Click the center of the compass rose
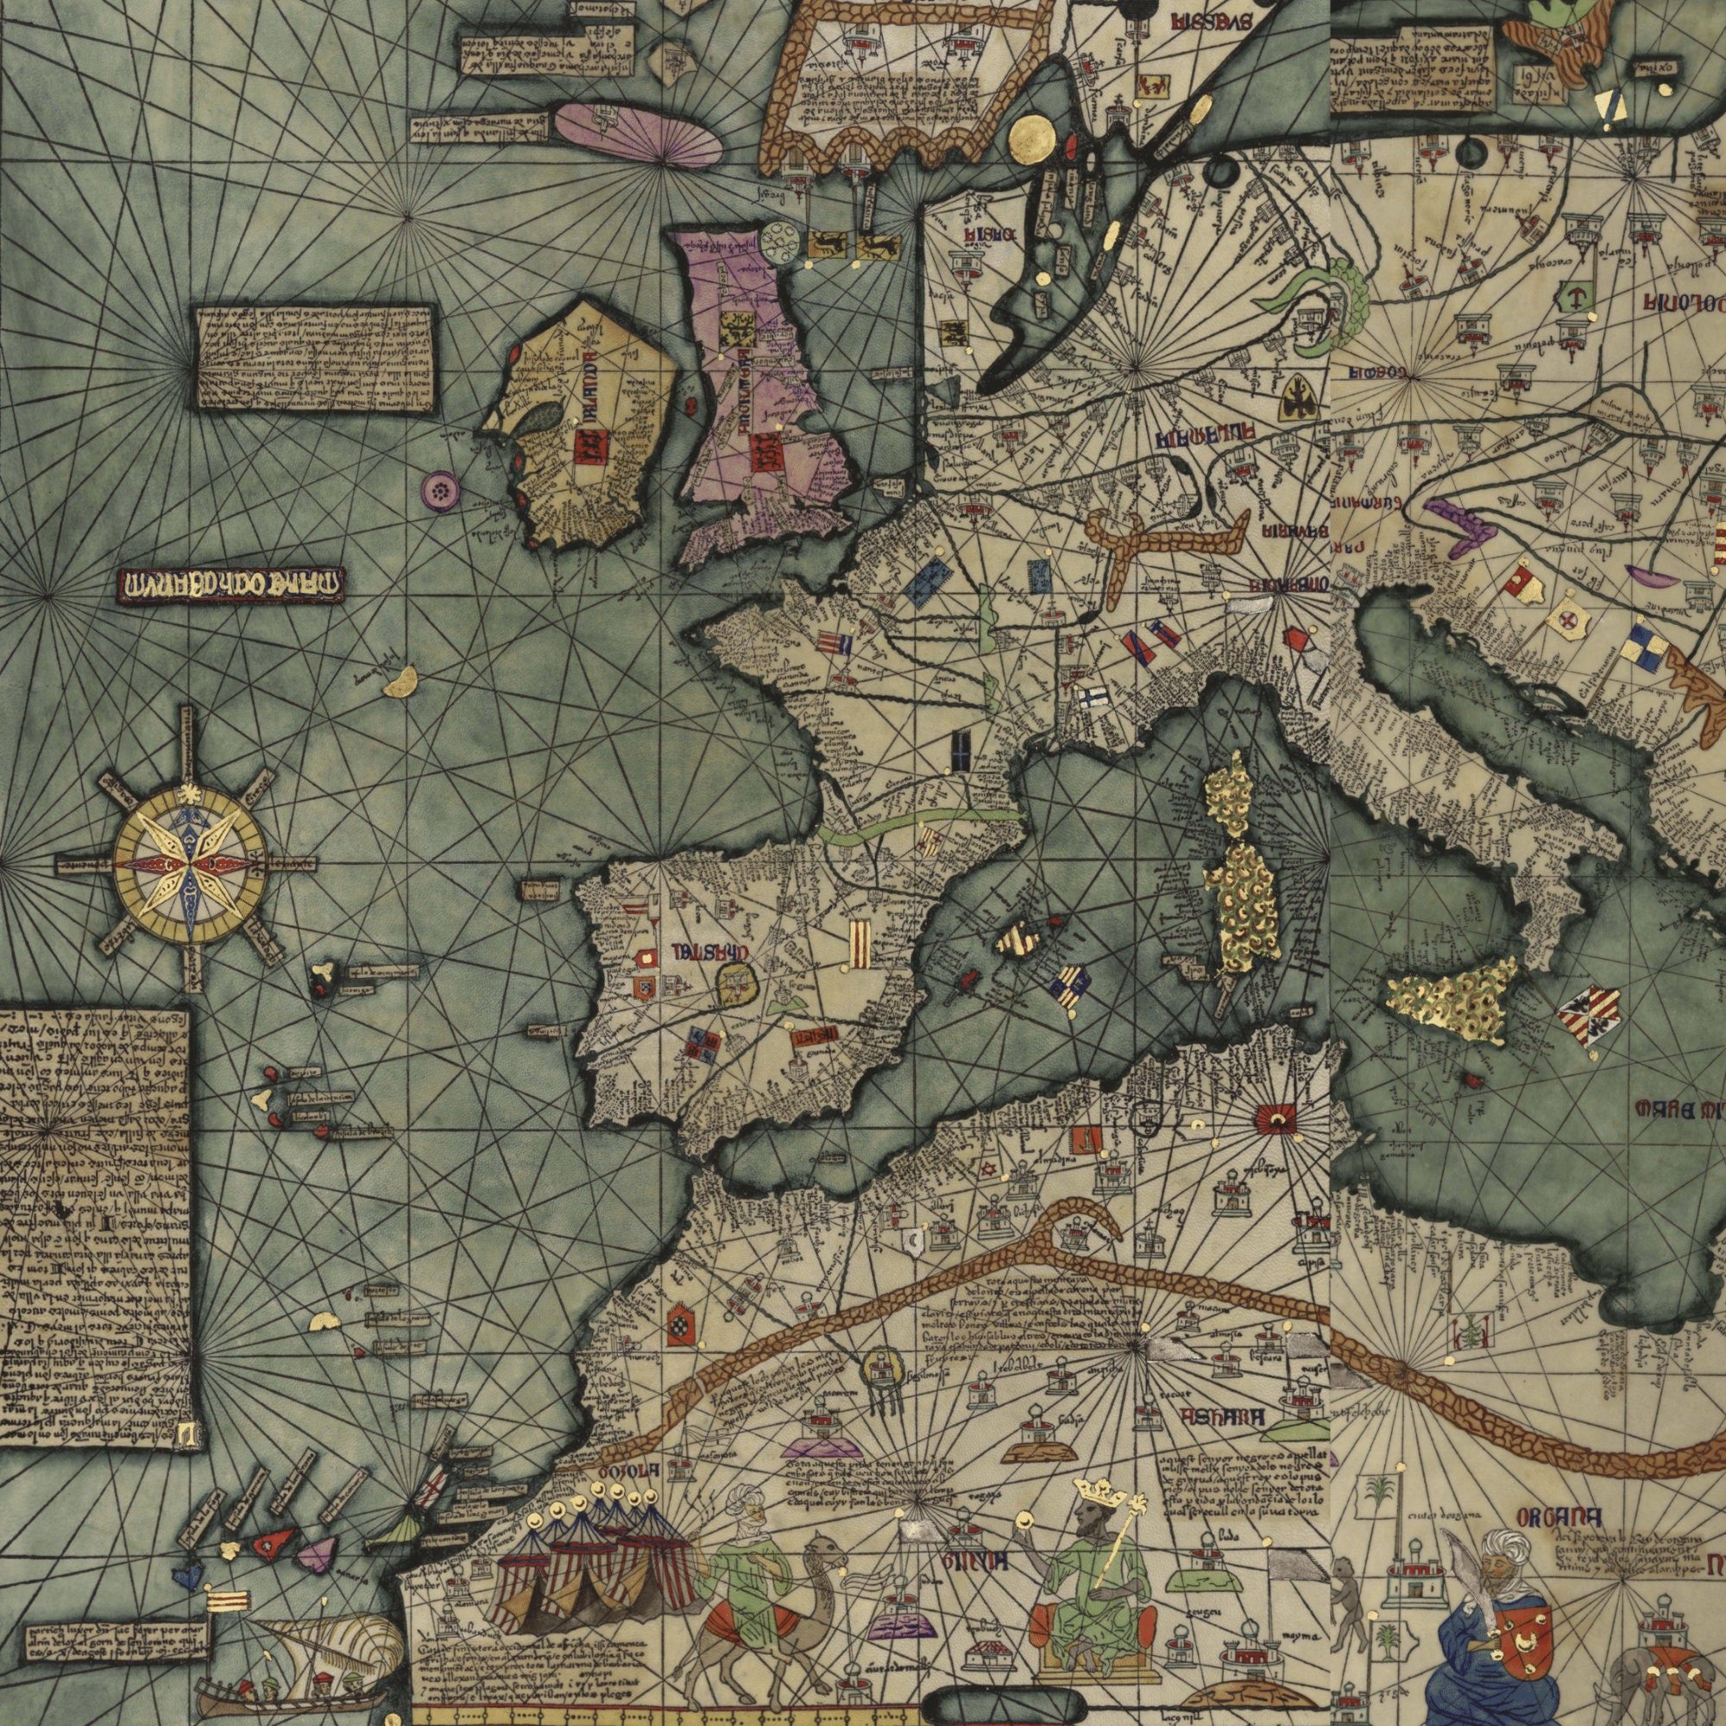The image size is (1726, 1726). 189,865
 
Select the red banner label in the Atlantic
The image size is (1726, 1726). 230,585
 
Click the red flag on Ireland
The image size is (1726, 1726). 590,447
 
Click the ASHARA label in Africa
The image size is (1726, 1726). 1222,1418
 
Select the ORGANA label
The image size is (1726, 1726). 1559,1517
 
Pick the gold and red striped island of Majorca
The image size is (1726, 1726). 1017,940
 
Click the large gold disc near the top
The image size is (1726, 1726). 1034,138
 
